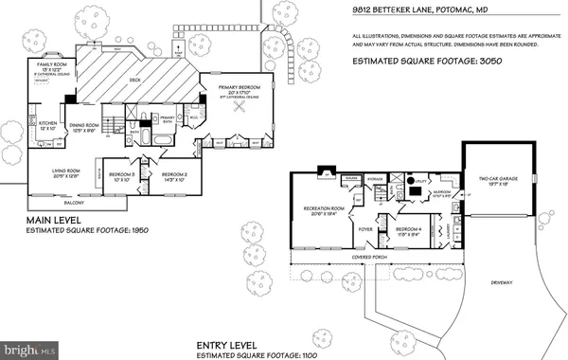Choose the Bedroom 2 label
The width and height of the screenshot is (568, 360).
click(174, 175)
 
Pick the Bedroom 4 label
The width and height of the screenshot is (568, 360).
click(409, 230)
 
